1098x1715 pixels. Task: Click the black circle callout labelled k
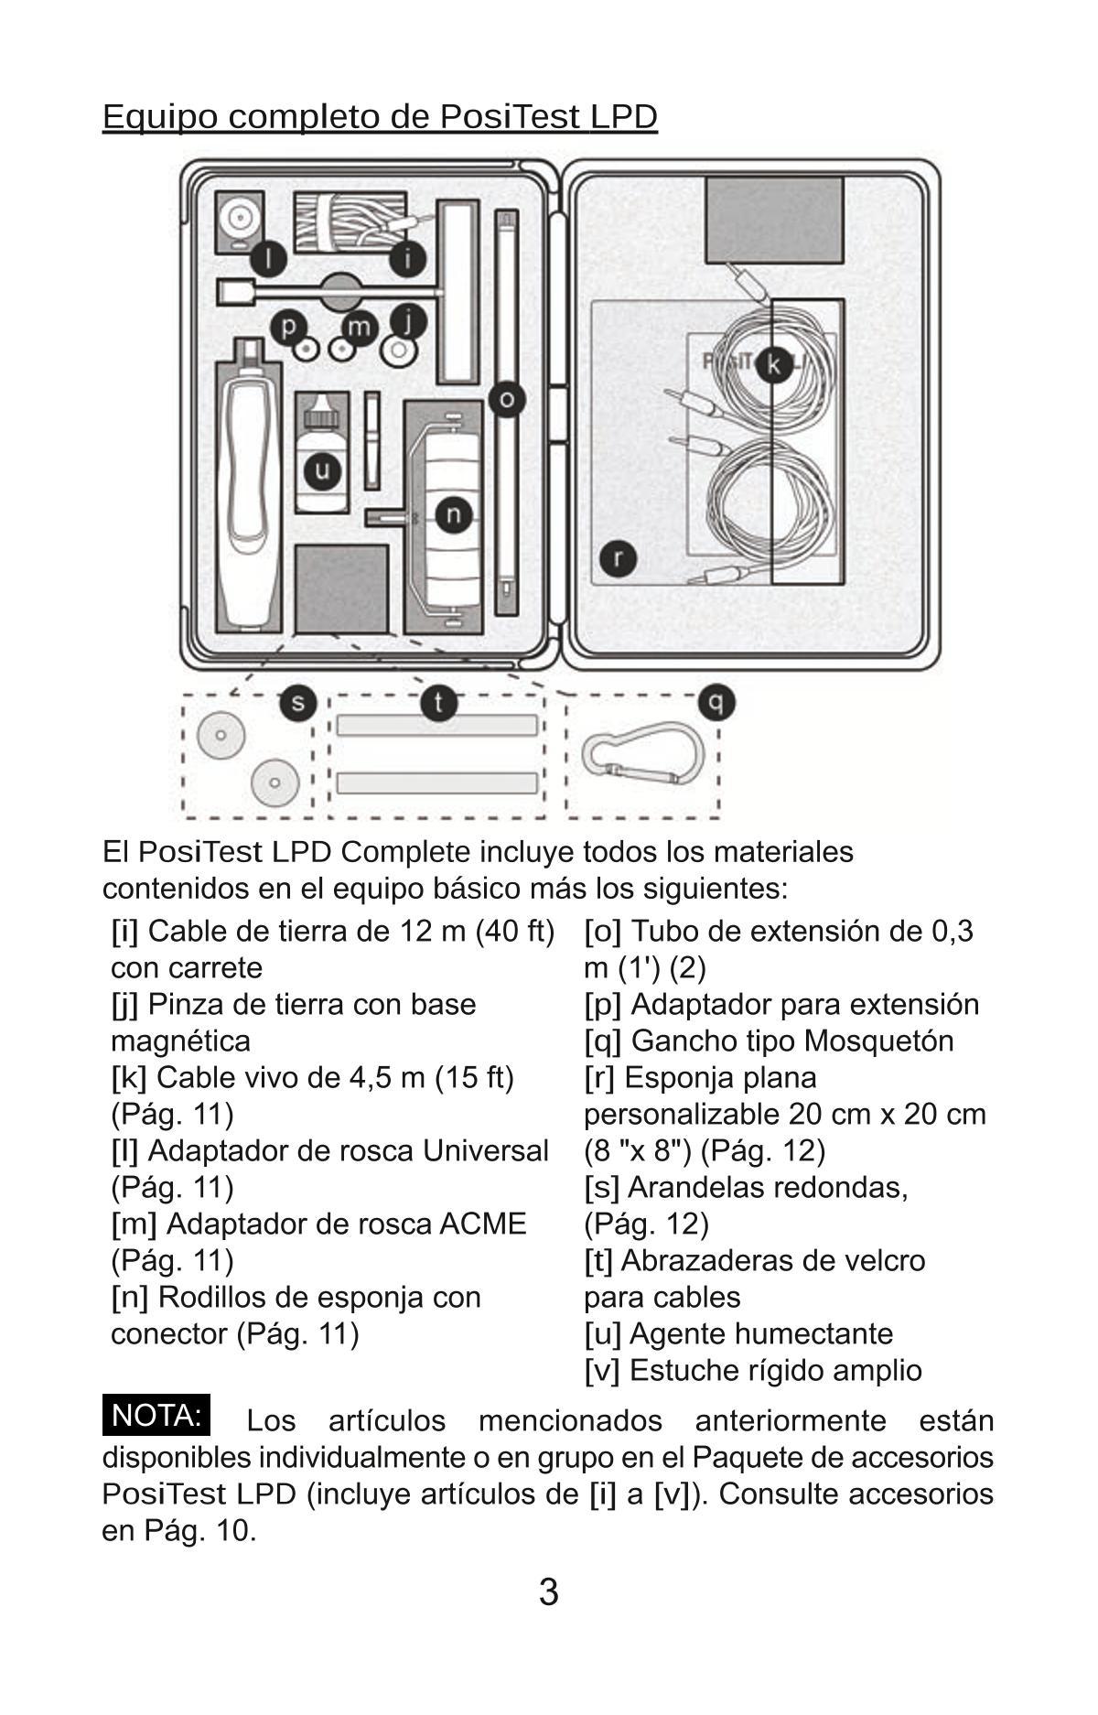(774, 364)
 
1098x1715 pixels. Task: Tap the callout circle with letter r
(619, 558)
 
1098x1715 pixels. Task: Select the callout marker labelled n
(452, 515)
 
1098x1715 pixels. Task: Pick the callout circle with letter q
(716, 704)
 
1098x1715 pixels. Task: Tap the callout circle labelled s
(297, 704)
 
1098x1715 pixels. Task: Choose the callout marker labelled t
(439, 704)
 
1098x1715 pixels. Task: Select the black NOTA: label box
(156, 1416)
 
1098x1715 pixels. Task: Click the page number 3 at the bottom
(548, 1592)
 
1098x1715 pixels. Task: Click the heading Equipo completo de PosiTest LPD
(380, 117)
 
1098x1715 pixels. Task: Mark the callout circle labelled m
(360, 327)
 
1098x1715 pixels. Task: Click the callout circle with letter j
(409, 321)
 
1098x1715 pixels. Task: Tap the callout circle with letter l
(268, 259)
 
